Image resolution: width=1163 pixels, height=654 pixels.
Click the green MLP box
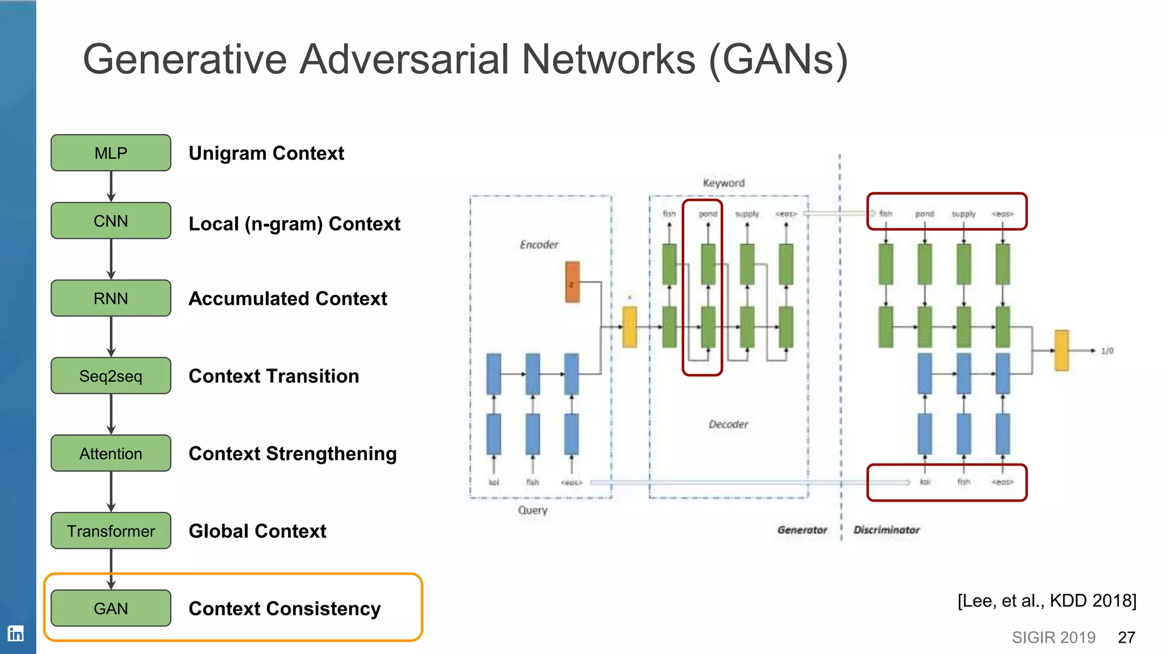point(111,153)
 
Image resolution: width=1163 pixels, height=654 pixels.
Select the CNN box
point(111,221)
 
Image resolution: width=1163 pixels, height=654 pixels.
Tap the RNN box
point(111,298)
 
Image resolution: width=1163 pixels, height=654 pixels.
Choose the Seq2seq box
point(111,376)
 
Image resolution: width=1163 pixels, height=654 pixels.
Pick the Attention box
point(111,454)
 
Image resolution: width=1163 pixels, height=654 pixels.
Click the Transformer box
point(111,531)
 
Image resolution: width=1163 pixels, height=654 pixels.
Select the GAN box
point(111,609)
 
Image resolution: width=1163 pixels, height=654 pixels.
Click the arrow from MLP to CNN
point(111,186)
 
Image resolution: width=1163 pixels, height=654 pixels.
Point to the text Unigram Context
point(266,153)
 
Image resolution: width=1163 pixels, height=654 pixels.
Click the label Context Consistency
point(285,609)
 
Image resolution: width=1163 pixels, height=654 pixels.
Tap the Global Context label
point(257,531)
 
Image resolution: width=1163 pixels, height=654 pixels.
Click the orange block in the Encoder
point(572,282)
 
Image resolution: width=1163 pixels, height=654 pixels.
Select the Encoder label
point(539,245)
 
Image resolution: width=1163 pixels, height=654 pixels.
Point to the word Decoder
point(728,425)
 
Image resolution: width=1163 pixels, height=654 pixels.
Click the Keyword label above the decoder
point(723,183)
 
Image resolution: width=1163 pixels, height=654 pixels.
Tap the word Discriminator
point(886,530)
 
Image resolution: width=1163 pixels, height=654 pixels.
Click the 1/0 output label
point(1107,351)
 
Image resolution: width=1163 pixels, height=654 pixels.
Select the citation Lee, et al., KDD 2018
point(1047,601)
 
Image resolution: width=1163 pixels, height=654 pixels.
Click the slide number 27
point(1126,638)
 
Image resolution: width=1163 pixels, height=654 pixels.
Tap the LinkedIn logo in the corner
point(15,634)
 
